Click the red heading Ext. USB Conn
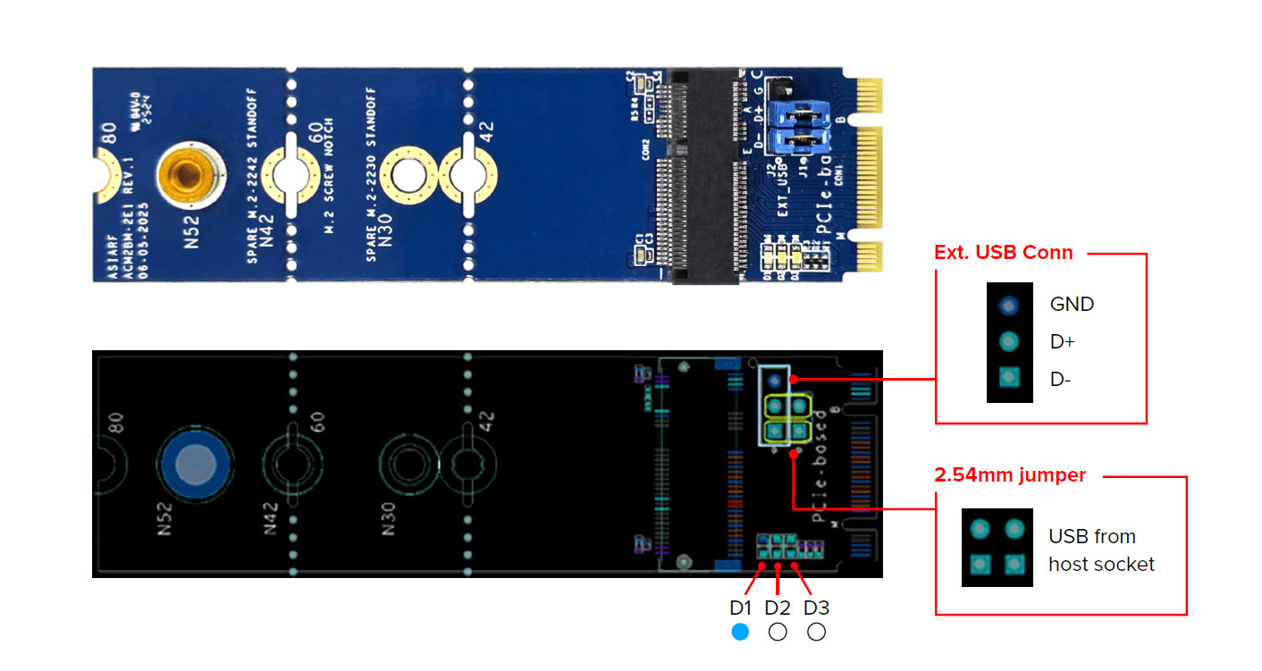point(1003,253)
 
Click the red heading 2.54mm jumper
point(1009,475)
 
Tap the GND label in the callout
point(1072,304)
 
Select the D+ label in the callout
point(1064,341)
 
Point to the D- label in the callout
point(1062,379)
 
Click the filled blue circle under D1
point(739,632)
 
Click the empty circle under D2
point(778,632)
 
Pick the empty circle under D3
point(816,632)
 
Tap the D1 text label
point(741,608)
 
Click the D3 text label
point(816,608)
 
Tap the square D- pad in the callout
point(1009,379)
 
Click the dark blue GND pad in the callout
point(1009,306)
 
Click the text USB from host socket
point(1101,550)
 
